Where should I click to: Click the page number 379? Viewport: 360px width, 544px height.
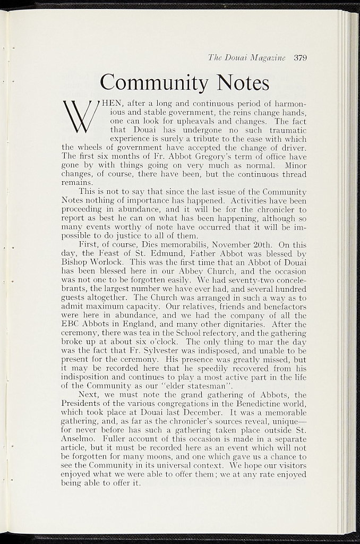pos(301,58)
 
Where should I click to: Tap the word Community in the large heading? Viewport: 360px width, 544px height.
pos(155,83)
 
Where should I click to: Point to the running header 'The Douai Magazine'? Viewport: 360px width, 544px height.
pos(247,58)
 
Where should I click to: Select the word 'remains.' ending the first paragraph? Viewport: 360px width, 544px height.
pos(78,182)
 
